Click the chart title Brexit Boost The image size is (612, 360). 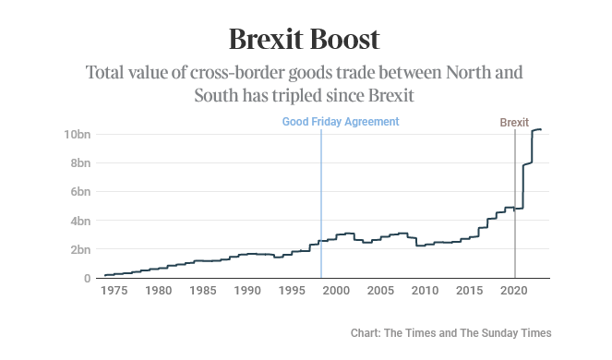(305, 40)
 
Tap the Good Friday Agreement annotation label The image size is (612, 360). (340, 122)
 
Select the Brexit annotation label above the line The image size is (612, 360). (514, 122)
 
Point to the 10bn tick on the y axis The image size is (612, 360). (78, 135)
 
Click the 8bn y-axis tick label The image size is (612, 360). (80, 163)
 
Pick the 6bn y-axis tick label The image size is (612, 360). (80, 192)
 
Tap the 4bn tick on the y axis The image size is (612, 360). (80, 221)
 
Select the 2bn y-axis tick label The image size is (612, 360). (80, 249)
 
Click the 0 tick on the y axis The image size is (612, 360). (87, 278)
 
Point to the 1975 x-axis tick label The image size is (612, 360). (114, 291)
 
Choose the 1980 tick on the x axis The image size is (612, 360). (158, 291)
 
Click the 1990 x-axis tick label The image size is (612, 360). (246, 291)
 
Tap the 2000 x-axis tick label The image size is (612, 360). (336, 291)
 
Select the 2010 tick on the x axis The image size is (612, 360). (425, 291)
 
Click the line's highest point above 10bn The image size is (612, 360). (539, 129)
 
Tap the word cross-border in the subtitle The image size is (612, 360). (235, 72)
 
